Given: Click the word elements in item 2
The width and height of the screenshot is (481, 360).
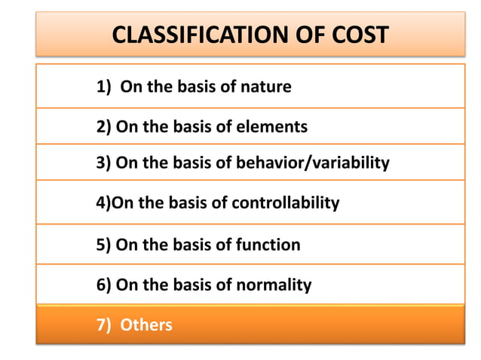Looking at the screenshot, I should pos(272,127).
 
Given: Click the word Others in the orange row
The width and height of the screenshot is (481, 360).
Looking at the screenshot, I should pos(146,325).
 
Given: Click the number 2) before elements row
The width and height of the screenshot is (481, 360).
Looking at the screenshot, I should pos(104,127).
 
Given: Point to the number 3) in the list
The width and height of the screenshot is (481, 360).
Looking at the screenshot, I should pos(104,163).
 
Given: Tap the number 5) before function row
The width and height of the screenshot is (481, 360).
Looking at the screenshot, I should pos(104,245).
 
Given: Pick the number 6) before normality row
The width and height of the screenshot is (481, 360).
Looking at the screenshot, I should pos(104,285).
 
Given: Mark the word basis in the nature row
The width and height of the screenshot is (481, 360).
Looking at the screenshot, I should pos(196,87).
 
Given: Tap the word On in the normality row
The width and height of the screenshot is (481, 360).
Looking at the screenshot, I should pos(127,285).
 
